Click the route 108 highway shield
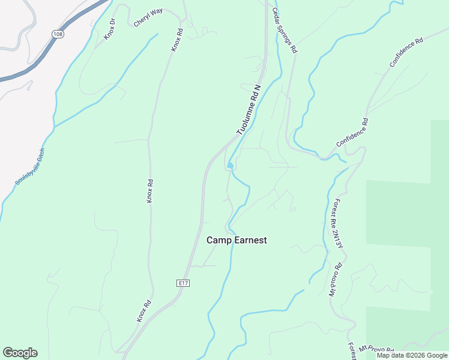[58, 34]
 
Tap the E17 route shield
[184, 283]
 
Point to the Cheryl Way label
[148, 17]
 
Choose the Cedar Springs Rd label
[285, 31]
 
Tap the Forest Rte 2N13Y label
[339, 223]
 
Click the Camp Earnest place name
[237, 240]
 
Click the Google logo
[20, 353]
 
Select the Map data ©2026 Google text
[412, 355]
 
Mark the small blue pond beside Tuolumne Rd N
[231, 166]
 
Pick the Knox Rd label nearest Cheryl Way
[176, 40]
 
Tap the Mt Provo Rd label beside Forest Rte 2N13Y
[335, 280]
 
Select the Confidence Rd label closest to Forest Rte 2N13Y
[352, 133]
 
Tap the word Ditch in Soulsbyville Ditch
[41, 154]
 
